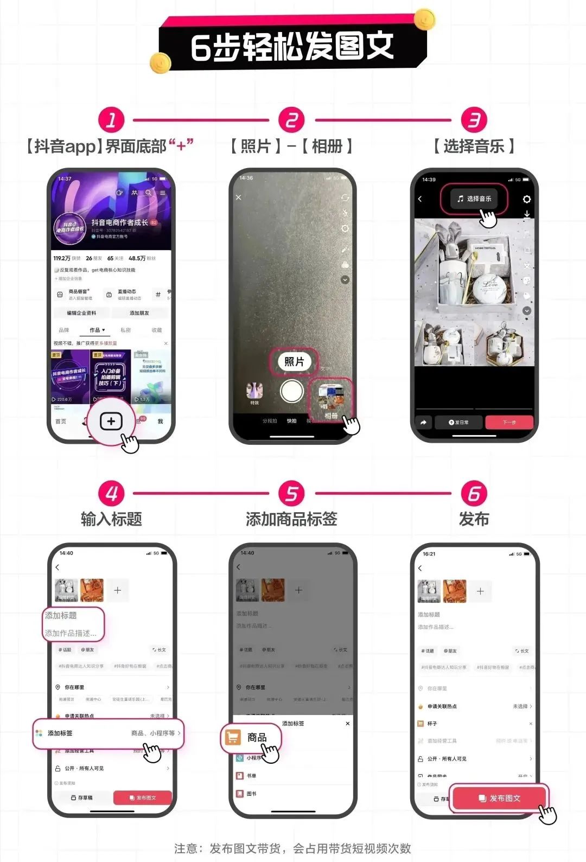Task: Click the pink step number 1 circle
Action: tap(111, 120)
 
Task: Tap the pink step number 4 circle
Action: tap(111, 494)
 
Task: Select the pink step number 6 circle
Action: tap(474, 494)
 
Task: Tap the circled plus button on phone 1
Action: tap(111, 421)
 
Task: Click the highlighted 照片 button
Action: tap(294, 362)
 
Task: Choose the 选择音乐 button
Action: tap(474, 199)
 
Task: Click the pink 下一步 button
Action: tap(509, 422)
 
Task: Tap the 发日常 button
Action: tap(458, 422)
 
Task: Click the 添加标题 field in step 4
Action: tap(61, 616)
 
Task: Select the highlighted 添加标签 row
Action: tap(109, 733)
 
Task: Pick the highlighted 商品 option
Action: tap(251, 737)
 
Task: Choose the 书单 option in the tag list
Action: tap(251, 776)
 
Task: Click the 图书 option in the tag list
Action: tap(251, 794)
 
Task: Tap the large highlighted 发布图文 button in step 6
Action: tap(500, 798)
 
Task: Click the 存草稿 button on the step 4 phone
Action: tap(82, 798)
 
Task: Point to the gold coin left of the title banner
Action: tap(161, 63)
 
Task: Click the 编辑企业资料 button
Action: tap(81, 313)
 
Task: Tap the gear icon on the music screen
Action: tap(526, 200)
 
